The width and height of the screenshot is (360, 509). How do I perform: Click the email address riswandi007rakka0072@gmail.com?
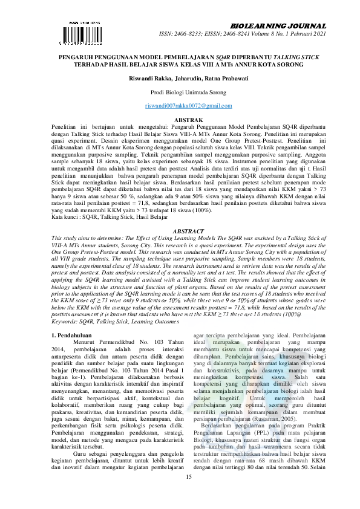[x=180, y=106]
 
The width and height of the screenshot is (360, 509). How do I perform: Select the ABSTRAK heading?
[x=180, y=121]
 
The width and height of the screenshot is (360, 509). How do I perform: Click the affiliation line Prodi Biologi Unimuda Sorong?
[x=180, y=92]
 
